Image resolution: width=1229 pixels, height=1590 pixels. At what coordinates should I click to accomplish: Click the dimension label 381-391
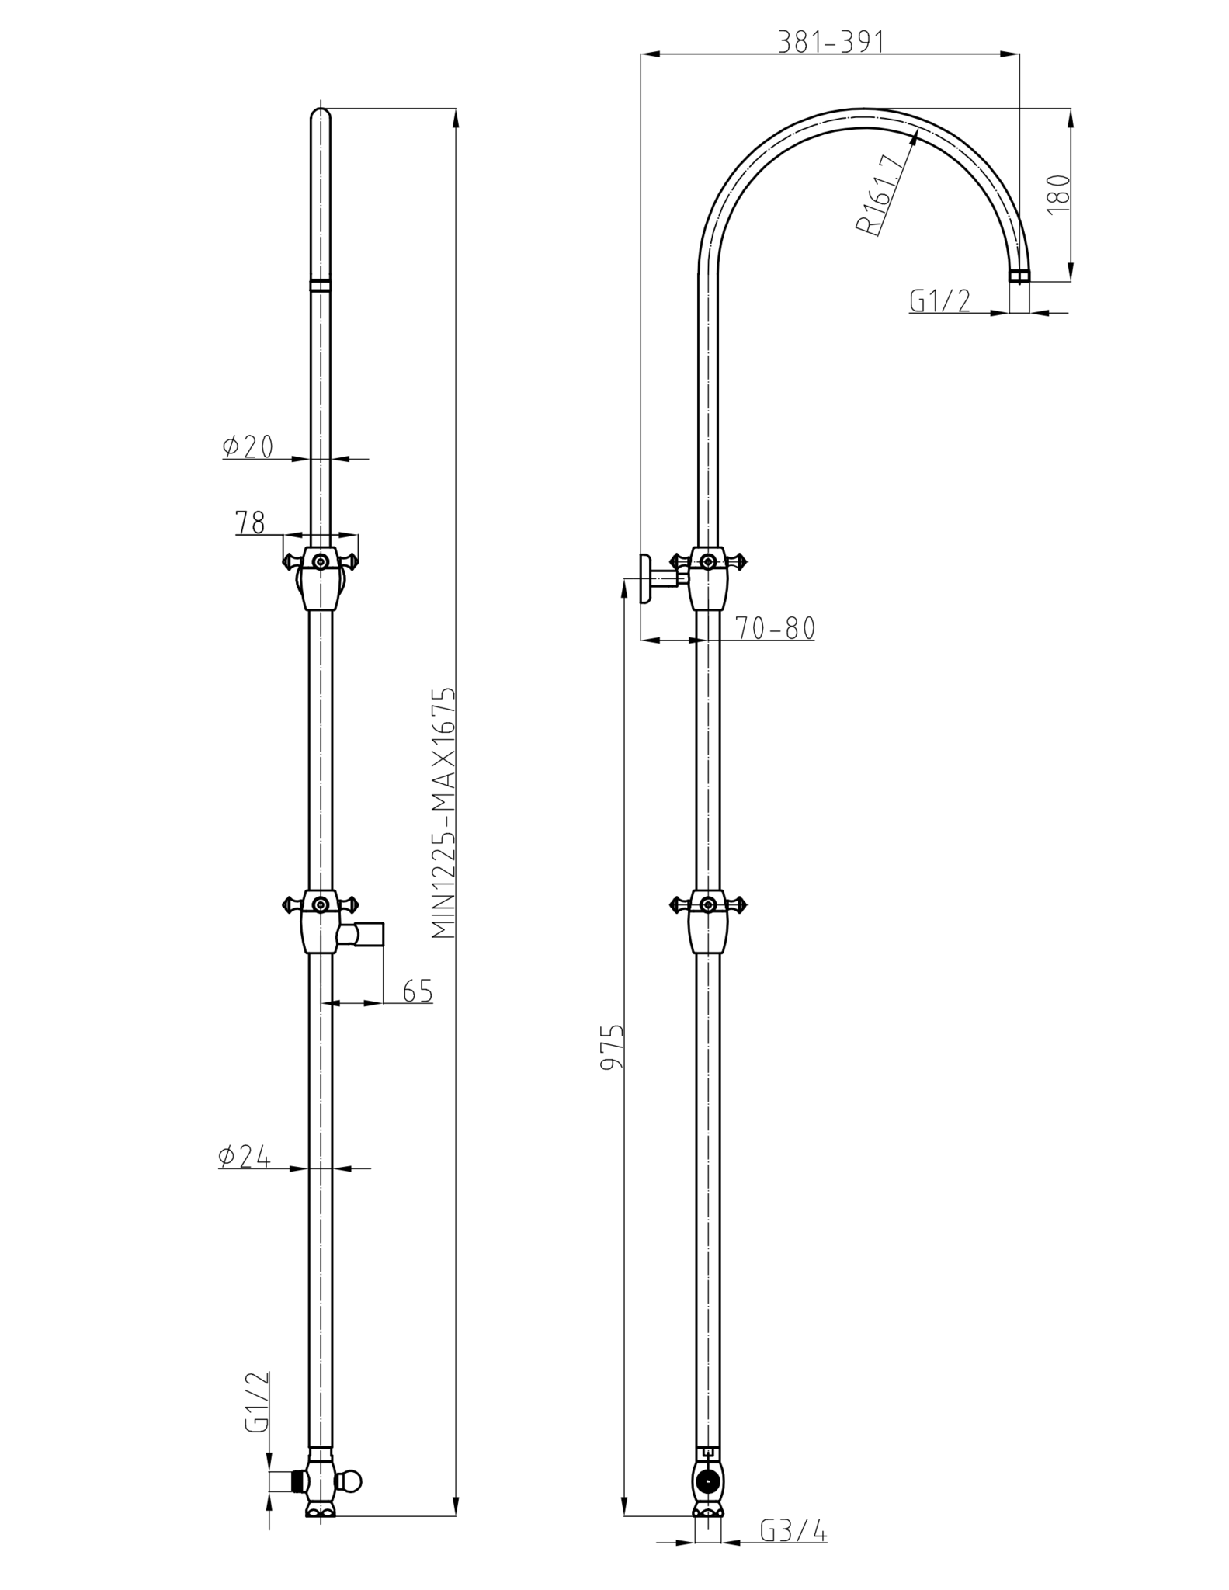click(831, 42)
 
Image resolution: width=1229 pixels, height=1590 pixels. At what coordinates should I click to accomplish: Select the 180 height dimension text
click(1059, 194)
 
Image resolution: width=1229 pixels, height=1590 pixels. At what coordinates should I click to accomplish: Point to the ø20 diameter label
click(248, 446)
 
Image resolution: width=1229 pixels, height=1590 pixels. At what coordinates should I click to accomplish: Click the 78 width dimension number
click(250, 522)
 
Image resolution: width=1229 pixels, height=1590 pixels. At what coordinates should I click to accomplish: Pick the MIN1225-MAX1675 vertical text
click(443, 812)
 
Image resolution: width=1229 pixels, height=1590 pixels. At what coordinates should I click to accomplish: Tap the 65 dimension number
click(418, 991)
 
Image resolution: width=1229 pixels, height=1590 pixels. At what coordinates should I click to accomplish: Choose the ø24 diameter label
click(245, 1157)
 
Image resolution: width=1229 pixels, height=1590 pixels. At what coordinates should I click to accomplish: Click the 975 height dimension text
click(613, 1047)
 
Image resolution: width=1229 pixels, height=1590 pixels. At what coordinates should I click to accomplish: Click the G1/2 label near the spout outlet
click(940, 300)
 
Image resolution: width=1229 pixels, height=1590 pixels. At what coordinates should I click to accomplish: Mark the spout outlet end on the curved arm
click(1019, 276)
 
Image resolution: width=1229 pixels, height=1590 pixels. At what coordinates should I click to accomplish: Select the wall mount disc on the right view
click(646, 578)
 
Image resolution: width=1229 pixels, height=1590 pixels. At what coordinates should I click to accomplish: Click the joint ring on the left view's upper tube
click(320, 284)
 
